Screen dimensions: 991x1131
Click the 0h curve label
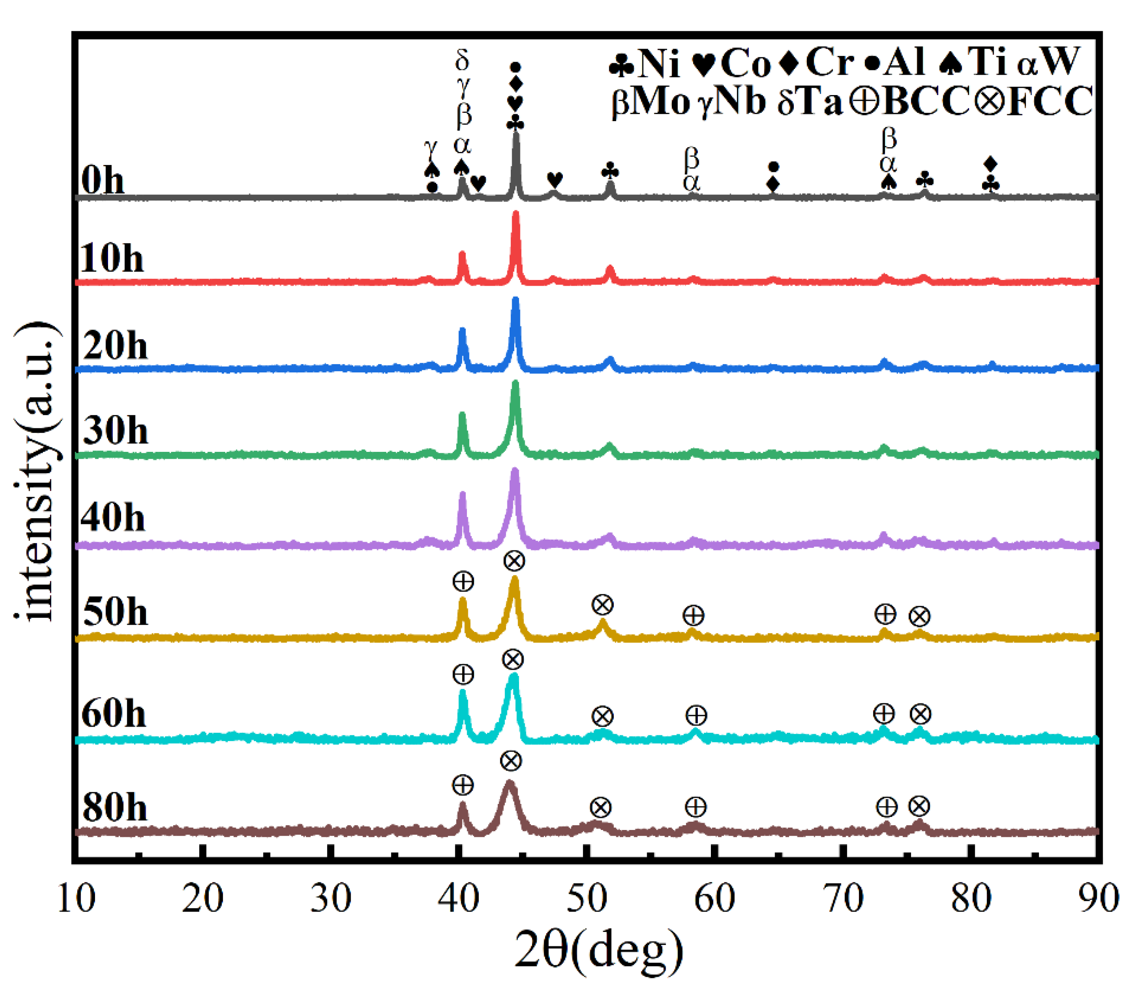(103, 181)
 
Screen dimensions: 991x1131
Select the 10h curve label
(112, 258)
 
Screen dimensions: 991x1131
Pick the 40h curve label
(113, 518)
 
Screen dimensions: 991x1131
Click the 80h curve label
(115, 807)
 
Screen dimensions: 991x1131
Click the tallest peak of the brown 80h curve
(509, 783)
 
